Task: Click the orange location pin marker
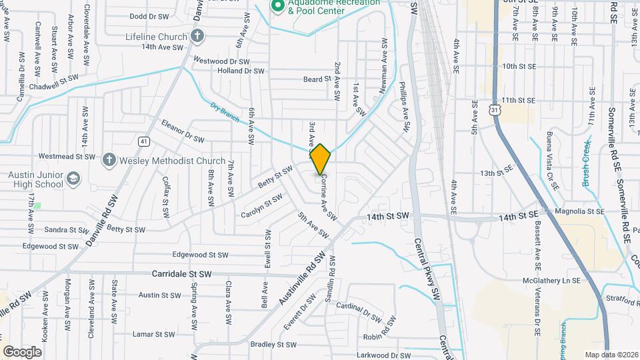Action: click(321, 159)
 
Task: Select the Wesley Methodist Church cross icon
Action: click(109, 160)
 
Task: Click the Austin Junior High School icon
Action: click(73, 178)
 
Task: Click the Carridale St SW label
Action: click(181, 274)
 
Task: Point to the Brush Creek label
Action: click(587, 163)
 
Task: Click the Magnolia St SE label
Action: click(579, 211)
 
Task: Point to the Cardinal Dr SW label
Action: click(359, 309)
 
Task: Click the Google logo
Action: click(22, 351)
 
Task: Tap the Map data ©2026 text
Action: click(611, 355)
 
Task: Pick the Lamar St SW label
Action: click(153, 333)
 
